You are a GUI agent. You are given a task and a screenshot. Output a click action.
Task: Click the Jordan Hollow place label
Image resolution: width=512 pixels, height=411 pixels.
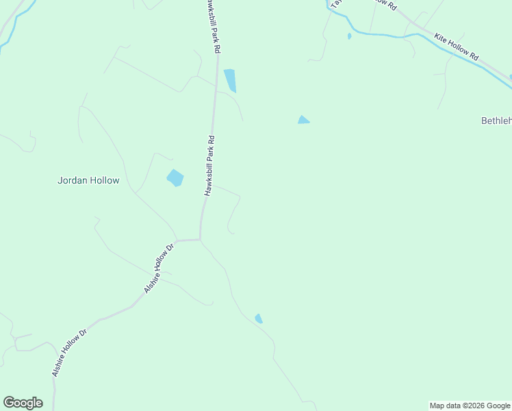point(88,181)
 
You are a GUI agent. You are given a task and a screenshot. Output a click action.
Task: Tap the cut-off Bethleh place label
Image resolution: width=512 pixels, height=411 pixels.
point(496,121)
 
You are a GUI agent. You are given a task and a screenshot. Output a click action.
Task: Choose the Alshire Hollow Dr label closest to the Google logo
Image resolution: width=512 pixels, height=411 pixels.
point(69,353)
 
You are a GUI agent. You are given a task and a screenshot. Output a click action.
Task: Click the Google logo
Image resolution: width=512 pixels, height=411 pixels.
point(23,403)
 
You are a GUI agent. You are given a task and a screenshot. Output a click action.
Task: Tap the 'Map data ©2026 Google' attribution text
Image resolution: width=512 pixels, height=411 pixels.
point(470,406)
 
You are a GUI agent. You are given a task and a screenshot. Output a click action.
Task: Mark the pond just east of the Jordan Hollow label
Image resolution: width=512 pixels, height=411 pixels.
point(175,178)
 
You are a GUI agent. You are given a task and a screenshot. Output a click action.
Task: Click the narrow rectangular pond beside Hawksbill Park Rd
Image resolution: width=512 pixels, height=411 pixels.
point(230,79)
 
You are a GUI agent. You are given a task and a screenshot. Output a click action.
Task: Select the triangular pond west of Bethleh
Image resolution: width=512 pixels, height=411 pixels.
point(303,121)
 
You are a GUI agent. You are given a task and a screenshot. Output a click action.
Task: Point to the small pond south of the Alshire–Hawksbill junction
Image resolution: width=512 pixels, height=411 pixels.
point(259,319)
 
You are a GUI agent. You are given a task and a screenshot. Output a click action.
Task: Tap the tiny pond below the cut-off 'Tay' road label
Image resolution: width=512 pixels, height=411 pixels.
point(349,36)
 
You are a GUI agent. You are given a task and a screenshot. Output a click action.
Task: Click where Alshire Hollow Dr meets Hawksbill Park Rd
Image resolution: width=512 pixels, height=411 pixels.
point(200,239)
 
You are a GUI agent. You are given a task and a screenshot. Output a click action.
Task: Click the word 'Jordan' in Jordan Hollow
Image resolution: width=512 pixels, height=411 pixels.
point(72,181)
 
